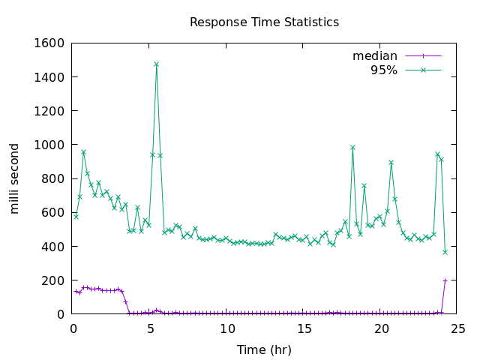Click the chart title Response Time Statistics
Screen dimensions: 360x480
(x=264, y=22)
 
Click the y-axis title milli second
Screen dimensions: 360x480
(x=15, y=178)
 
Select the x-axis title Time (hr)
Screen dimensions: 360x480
(x=264, y=349)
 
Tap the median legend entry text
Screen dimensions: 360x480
(x=375, y=56)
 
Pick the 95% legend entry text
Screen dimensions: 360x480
(x=384, y=70)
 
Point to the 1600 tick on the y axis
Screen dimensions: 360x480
(x=49, y=43)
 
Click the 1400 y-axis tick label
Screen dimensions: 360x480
(x=49, y=76)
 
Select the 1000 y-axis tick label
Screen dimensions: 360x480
(x=49, y=145)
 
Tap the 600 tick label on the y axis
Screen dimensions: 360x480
(x=53, y=212)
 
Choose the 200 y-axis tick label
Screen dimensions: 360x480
(x=53, y=280)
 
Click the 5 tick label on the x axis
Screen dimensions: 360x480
(x=150, y=328)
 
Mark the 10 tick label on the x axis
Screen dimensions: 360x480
(x=227, y=328)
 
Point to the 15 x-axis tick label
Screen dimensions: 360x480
(x=304, y=328)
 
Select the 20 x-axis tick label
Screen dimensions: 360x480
(x=382, y=328)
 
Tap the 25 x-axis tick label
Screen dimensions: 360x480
(x=459, y=328)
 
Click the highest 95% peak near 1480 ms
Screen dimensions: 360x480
(x=156, y=64)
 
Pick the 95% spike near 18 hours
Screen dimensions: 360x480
(x=352, y=147)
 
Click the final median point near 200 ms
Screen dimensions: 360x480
(x=445, y=280)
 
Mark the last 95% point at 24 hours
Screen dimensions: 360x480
(x=445, y=252)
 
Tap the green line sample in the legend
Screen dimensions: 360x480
(x=423, y=70)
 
